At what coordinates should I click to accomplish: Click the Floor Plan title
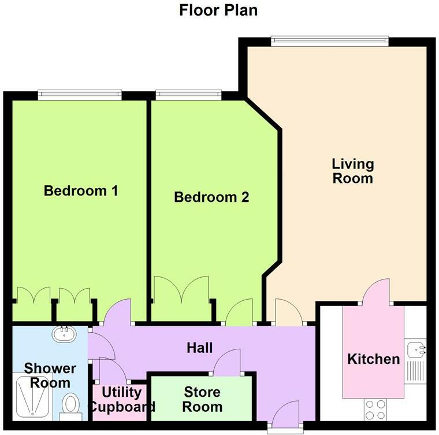(218, 10)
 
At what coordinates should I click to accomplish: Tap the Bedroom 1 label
(81, 190)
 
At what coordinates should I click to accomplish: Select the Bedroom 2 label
(211, 197)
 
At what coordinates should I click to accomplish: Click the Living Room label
(352, 171)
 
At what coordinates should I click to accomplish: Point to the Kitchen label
(373, 359)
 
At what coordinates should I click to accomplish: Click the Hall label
(200, 348)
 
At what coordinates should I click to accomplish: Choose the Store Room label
(202, 400)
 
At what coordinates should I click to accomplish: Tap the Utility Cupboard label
(121, 399)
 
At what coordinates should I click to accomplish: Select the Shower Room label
(50, 375)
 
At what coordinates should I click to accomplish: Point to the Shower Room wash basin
(62, 333)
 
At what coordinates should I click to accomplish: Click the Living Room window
(329, 40)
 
